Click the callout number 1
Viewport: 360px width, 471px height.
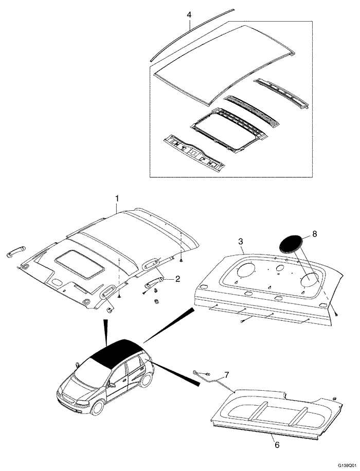[x=117, y=198]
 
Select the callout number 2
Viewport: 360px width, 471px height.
[x=177, y=279]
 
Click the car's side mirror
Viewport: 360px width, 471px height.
[x=77, y=365]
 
